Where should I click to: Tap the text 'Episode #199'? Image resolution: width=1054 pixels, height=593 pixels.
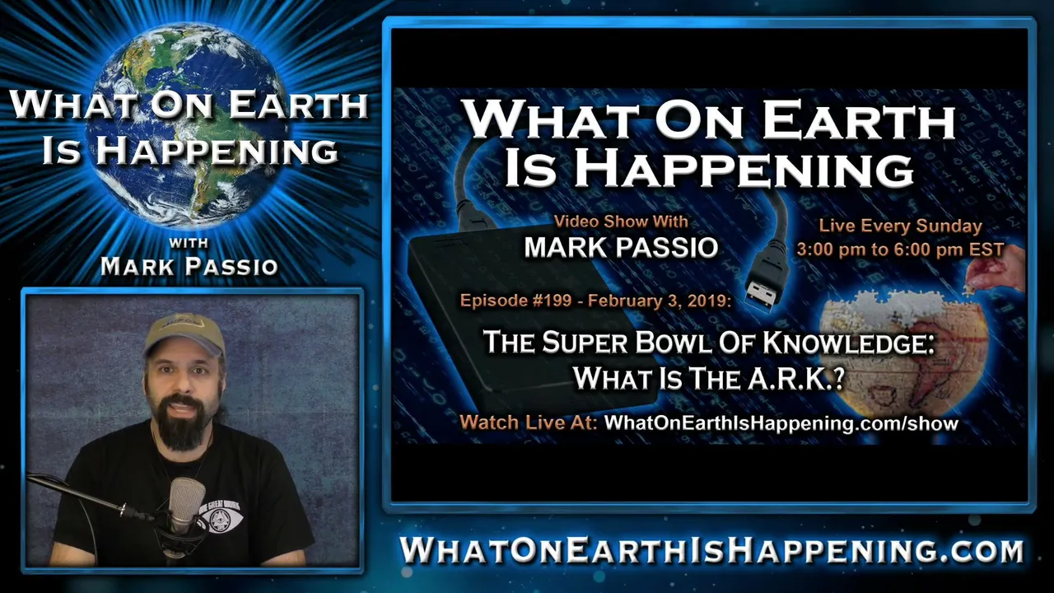[x=515, y=301]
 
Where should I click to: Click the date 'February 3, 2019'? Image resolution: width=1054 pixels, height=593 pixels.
[x=659, y=301]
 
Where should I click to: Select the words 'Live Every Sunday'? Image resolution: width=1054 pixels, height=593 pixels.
[x=900, y=226]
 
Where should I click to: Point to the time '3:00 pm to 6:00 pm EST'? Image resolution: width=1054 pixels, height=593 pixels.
[x=900, y=250]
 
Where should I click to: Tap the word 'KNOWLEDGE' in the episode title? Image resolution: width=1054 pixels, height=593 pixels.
[x=847, y=342]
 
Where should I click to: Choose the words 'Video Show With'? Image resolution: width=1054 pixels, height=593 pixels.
[x=621, y=222]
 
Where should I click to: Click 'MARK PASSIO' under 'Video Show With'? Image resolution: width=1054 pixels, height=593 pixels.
[x=621, y=248]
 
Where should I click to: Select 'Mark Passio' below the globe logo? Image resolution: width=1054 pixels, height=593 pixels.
[x=189, y=266]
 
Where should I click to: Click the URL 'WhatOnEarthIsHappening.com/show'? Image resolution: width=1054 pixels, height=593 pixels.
[x=781, y=423]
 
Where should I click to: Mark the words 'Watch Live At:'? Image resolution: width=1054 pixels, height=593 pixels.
[x=529, y=423]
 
